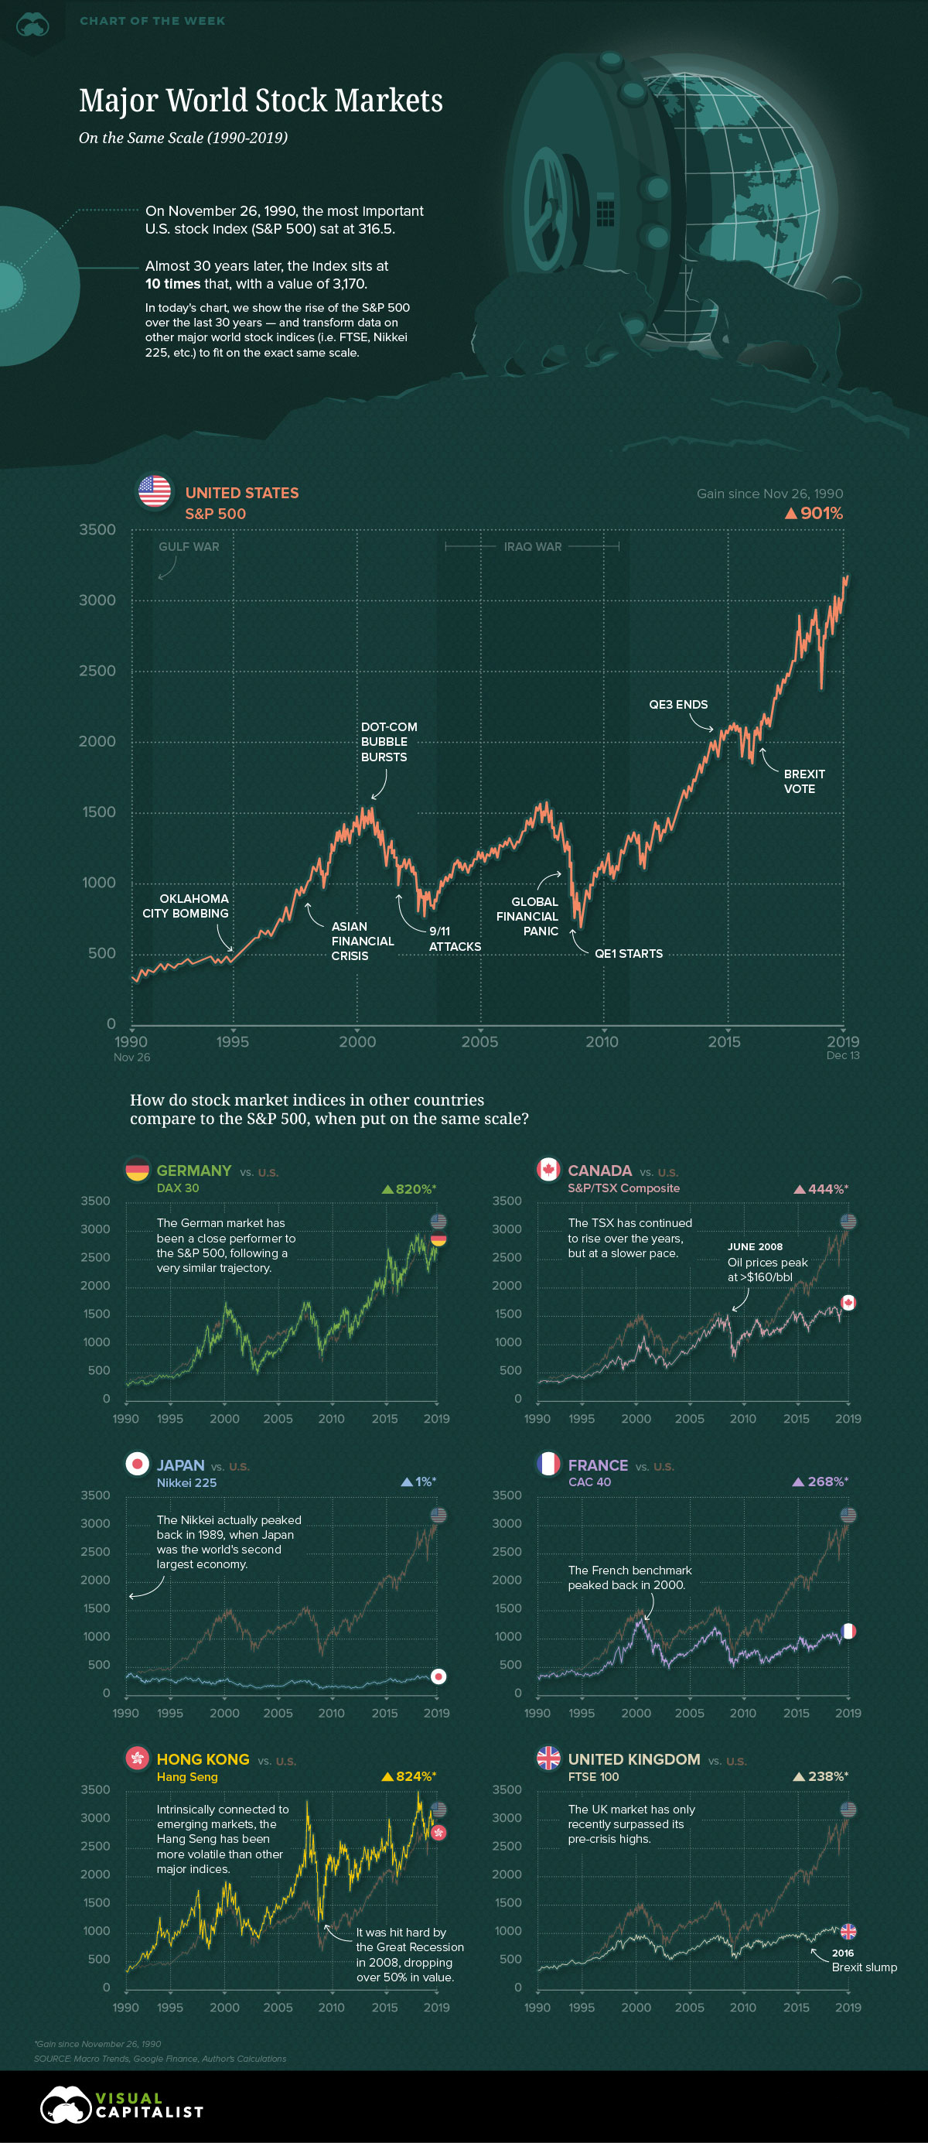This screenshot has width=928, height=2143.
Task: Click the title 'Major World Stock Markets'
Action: pos(261,101)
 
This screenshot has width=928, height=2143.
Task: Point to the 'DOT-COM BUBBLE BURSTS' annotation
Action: pos(388,741)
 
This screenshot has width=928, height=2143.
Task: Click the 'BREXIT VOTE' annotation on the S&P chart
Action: pos(803,781)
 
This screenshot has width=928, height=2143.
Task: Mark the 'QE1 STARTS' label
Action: pos(628,953)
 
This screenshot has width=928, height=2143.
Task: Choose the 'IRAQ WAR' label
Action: pos(532,546)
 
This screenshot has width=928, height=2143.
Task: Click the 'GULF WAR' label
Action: pos(189,546)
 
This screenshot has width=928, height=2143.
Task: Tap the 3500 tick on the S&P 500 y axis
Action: pos(97,530)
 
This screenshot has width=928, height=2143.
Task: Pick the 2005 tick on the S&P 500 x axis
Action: pos(479,1041)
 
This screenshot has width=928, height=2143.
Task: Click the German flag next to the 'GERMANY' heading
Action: pos(137,1170)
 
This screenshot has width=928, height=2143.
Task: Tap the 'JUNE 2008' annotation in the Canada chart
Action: pos(754,1246)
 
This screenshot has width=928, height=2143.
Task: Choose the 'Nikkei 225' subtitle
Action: pos(186,1482)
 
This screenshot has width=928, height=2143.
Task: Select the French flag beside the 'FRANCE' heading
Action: pos(549,1465)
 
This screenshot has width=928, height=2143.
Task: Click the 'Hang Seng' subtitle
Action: pos(187,1777)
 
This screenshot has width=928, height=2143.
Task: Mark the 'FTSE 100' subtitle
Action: pos(593,1777)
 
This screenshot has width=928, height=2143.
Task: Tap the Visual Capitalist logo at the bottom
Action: pos(121,2106)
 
